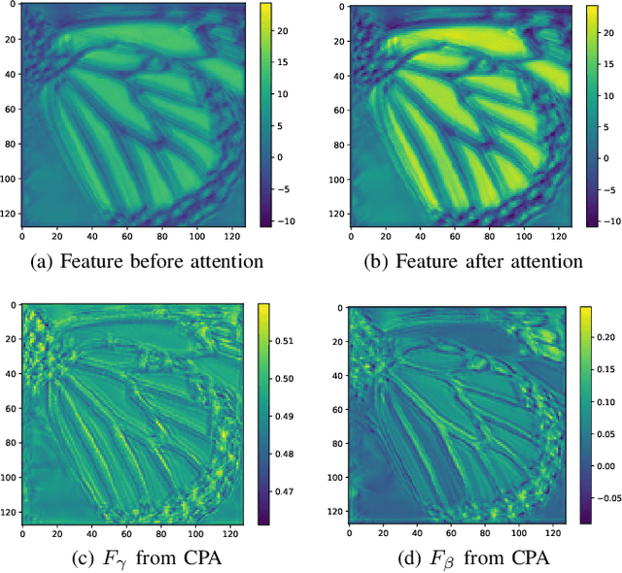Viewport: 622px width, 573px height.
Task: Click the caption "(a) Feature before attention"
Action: click(x=132, y=261)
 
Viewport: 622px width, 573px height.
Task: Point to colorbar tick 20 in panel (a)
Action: click(x=284, y=29)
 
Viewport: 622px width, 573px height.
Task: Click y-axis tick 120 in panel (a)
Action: click(x=11, y=213)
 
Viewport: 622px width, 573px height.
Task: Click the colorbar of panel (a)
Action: click(x=264, y=115)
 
